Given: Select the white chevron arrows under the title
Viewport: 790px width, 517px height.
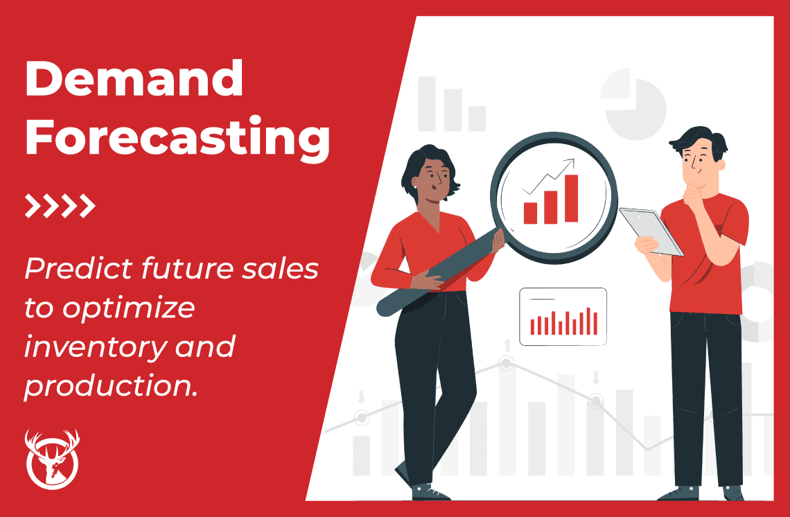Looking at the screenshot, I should (x=60, y=206).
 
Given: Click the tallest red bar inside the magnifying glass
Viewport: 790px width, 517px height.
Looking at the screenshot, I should (x=571, y=198).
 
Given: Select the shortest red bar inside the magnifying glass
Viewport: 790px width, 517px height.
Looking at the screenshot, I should (x=530, y=213).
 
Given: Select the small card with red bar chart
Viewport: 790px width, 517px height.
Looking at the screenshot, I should (x=563, y=317).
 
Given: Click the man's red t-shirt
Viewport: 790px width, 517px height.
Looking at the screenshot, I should (x=710, y=263).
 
